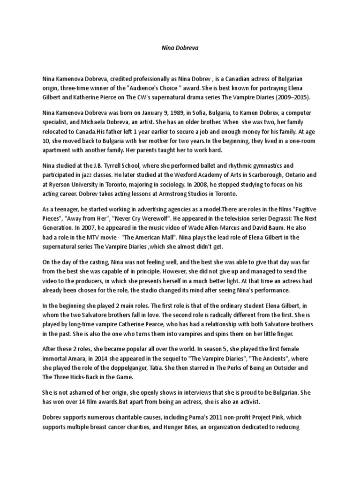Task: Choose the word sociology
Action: tap(178, 183)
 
